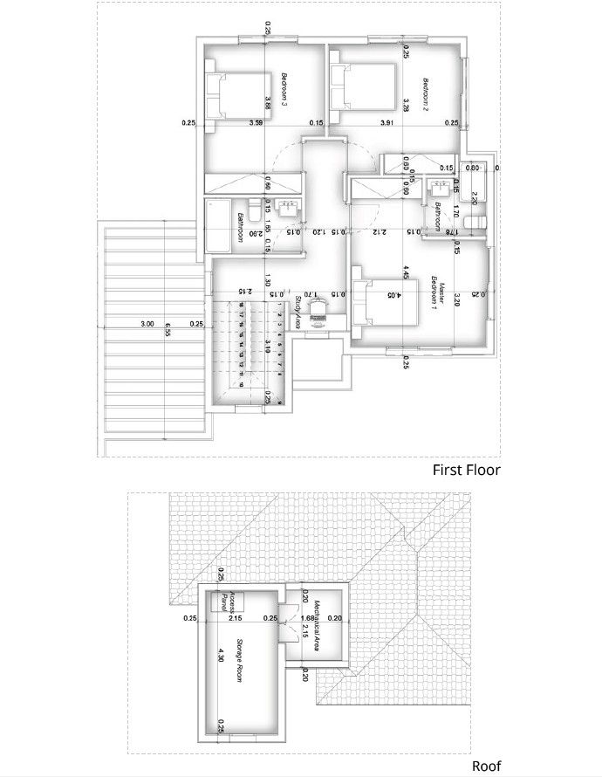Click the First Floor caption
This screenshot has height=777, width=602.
point(467,470)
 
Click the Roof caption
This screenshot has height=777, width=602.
point(487,766)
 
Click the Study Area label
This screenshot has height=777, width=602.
point(298,311)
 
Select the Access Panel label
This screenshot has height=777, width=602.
point(229,602)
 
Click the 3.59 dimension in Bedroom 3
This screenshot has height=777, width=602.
point(256,123)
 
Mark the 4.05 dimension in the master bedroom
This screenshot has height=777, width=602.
point(398,296)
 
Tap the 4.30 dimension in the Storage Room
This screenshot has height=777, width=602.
point(221,654)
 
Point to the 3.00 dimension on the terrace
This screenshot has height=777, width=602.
point(147,324)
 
